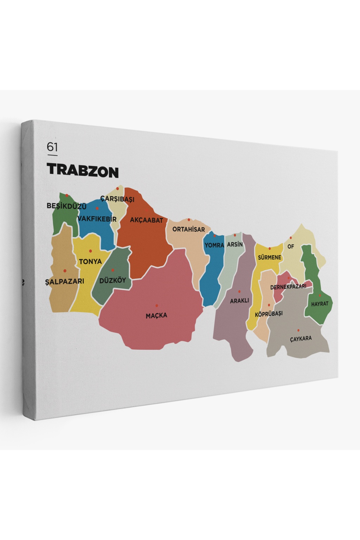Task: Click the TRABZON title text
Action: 83,171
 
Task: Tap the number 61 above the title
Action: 52,147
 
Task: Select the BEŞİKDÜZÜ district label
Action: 66,206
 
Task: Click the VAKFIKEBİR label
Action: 97,219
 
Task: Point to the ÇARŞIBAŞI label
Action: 117,199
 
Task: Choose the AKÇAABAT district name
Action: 147,220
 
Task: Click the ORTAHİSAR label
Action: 188,230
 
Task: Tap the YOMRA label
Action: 214,245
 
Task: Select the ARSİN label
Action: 235,244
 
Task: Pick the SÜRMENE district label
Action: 270,257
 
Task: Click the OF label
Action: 291,246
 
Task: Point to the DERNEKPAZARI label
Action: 288,287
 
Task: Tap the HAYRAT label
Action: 320,304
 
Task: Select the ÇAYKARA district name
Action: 301,339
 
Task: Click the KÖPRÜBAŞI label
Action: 269,314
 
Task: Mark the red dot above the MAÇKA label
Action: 157,306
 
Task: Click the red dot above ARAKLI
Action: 239,291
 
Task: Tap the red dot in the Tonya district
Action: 90,251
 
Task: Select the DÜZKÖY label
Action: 112,281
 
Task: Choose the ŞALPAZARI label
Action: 65,282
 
